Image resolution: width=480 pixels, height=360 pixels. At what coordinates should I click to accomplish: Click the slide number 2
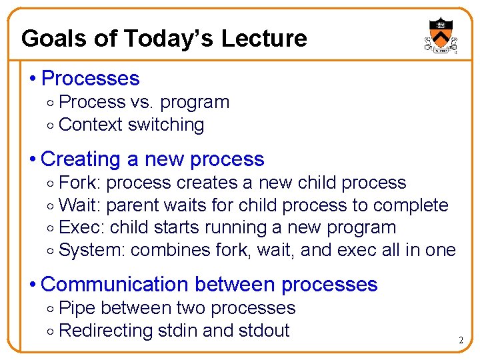[460, 341]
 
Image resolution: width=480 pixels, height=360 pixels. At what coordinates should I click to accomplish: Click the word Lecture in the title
[264, 39]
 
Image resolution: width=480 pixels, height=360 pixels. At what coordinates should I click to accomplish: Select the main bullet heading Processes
[90, 79]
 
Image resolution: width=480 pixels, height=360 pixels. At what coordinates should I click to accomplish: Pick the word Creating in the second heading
[80, 159]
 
